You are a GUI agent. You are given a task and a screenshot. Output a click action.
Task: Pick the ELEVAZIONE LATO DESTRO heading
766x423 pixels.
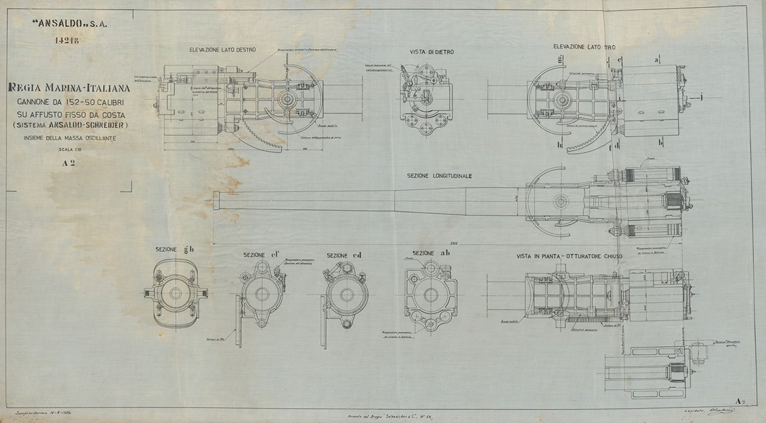pyautogui.click(x=222, y=49)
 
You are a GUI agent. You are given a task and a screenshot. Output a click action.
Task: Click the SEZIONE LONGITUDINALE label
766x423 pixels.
pyautogui.click(x=439, y=176)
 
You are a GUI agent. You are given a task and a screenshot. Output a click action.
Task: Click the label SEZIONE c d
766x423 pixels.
pyautogui.click(x=344, y=255)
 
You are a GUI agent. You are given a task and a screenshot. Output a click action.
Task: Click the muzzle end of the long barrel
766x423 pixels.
pyautogui.click(x=217, y=201)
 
